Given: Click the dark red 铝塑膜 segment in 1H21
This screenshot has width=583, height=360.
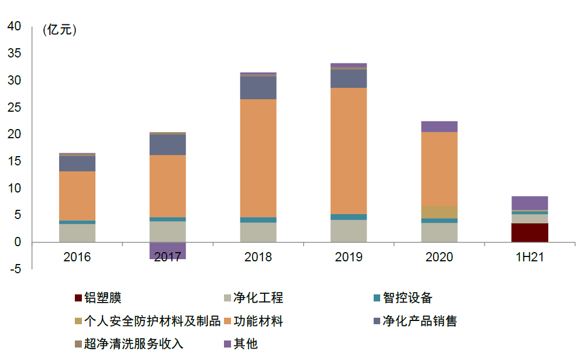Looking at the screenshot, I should tap(529, 233).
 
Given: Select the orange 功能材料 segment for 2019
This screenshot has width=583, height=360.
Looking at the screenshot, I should tap(348, 151).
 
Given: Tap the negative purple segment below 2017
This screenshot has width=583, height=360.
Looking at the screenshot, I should tap(168, 250).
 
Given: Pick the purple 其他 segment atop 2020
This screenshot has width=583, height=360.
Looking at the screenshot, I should tap(439, 126).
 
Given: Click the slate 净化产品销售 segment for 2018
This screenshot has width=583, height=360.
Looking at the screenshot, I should tap(258, 88).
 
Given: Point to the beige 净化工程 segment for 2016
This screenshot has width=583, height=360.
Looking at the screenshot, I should tap(77, 233).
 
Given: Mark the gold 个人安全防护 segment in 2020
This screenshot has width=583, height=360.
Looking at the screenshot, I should tap(439, 212).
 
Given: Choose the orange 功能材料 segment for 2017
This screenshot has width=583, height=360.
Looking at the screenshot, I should tap(168, 186).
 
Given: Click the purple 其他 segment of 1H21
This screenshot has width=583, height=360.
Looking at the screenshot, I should tap(529, 203).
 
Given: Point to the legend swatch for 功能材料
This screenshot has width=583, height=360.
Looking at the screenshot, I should tap(228, 321).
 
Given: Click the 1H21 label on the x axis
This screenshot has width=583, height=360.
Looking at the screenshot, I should tap(529, 257).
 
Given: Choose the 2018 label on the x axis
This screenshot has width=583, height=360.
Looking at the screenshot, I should tap(258, 257).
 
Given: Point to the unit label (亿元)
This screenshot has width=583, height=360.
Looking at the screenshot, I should tap(60, 30).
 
